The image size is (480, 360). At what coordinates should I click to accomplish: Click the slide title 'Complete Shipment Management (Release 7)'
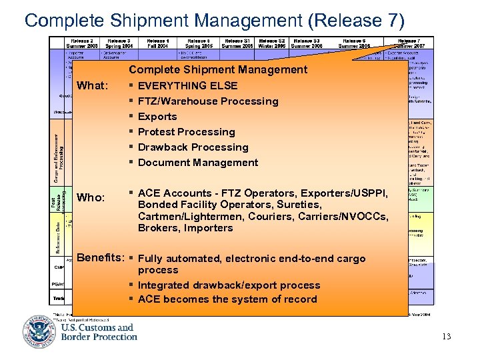(214, 19)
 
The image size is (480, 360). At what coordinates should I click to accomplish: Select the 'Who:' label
(91, 198)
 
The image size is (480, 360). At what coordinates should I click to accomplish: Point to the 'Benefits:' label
(100, 258)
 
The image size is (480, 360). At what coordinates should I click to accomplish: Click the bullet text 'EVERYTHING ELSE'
(187, 86)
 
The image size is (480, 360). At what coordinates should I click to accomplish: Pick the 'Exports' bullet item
(157, 117)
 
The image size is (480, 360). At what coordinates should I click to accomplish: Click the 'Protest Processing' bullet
(186, 132)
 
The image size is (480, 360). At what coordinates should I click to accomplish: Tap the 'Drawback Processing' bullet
(193, 147)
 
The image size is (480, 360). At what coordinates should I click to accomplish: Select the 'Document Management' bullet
(198, 163)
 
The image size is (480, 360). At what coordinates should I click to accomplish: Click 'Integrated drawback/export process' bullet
(229, 285)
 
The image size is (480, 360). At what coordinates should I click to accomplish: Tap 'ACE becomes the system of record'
(227, 299)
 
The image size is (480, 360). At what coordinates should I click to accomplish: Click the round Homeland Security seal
(39, 332)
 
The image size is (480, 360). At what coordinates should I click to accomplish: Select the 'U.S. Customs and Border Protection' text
(99, 332)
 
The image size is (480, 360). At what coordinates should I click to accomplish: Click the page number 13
(446, 337)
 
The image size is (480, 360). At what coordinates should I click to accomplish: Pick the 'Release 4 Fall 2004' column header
(158, 43)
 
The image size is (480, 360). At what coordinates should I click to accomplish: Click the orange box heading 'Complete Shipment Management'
(218, 69)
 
